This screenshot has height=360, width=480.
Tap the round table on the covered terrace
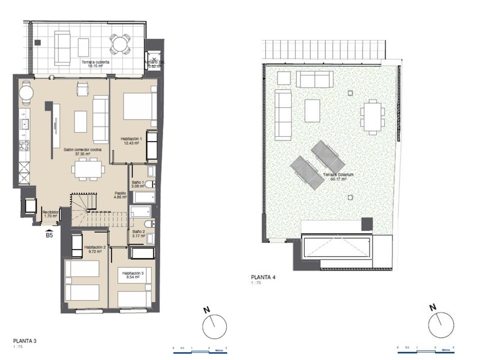(x=119, y=43)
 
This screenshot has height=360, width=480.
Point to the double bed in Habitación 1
(x=137, y=107)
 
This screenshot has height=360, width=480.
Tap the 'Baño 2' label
(x=138, y=233)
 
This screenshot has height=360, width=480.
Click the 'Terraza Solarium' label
(x=336, y=176)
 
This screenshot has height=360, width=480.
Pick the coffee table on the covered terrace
(x=83, y=47)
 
